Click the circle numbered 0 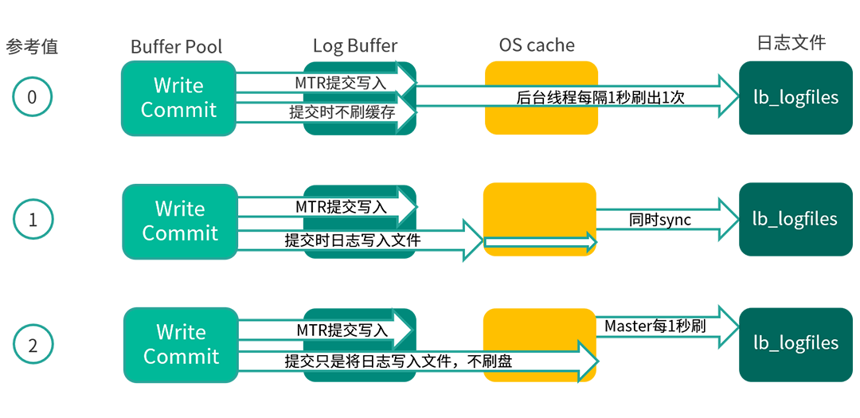click(x=33, y=98)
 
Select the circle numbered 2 click(x=33, y=346)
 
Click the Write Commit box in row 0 click(x=178, y=98)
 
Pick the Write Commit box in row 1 click(x=180, y=221)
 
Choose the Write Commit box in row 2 click(x=181, y=345)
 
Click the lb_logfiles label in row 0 click(x=795, y=98)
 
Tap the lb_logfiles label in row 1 click(x=795, y=220)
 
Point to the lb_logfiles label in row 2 click(x=795, y=343)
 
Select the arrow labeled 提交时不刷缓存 click(x=326, y=112)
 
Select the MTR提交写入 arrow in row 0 click(x=326, y=82)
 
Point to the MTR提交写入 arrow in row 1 click(x=326, y=206)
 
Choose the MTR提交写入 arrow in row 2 click(x=326, y=330)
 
